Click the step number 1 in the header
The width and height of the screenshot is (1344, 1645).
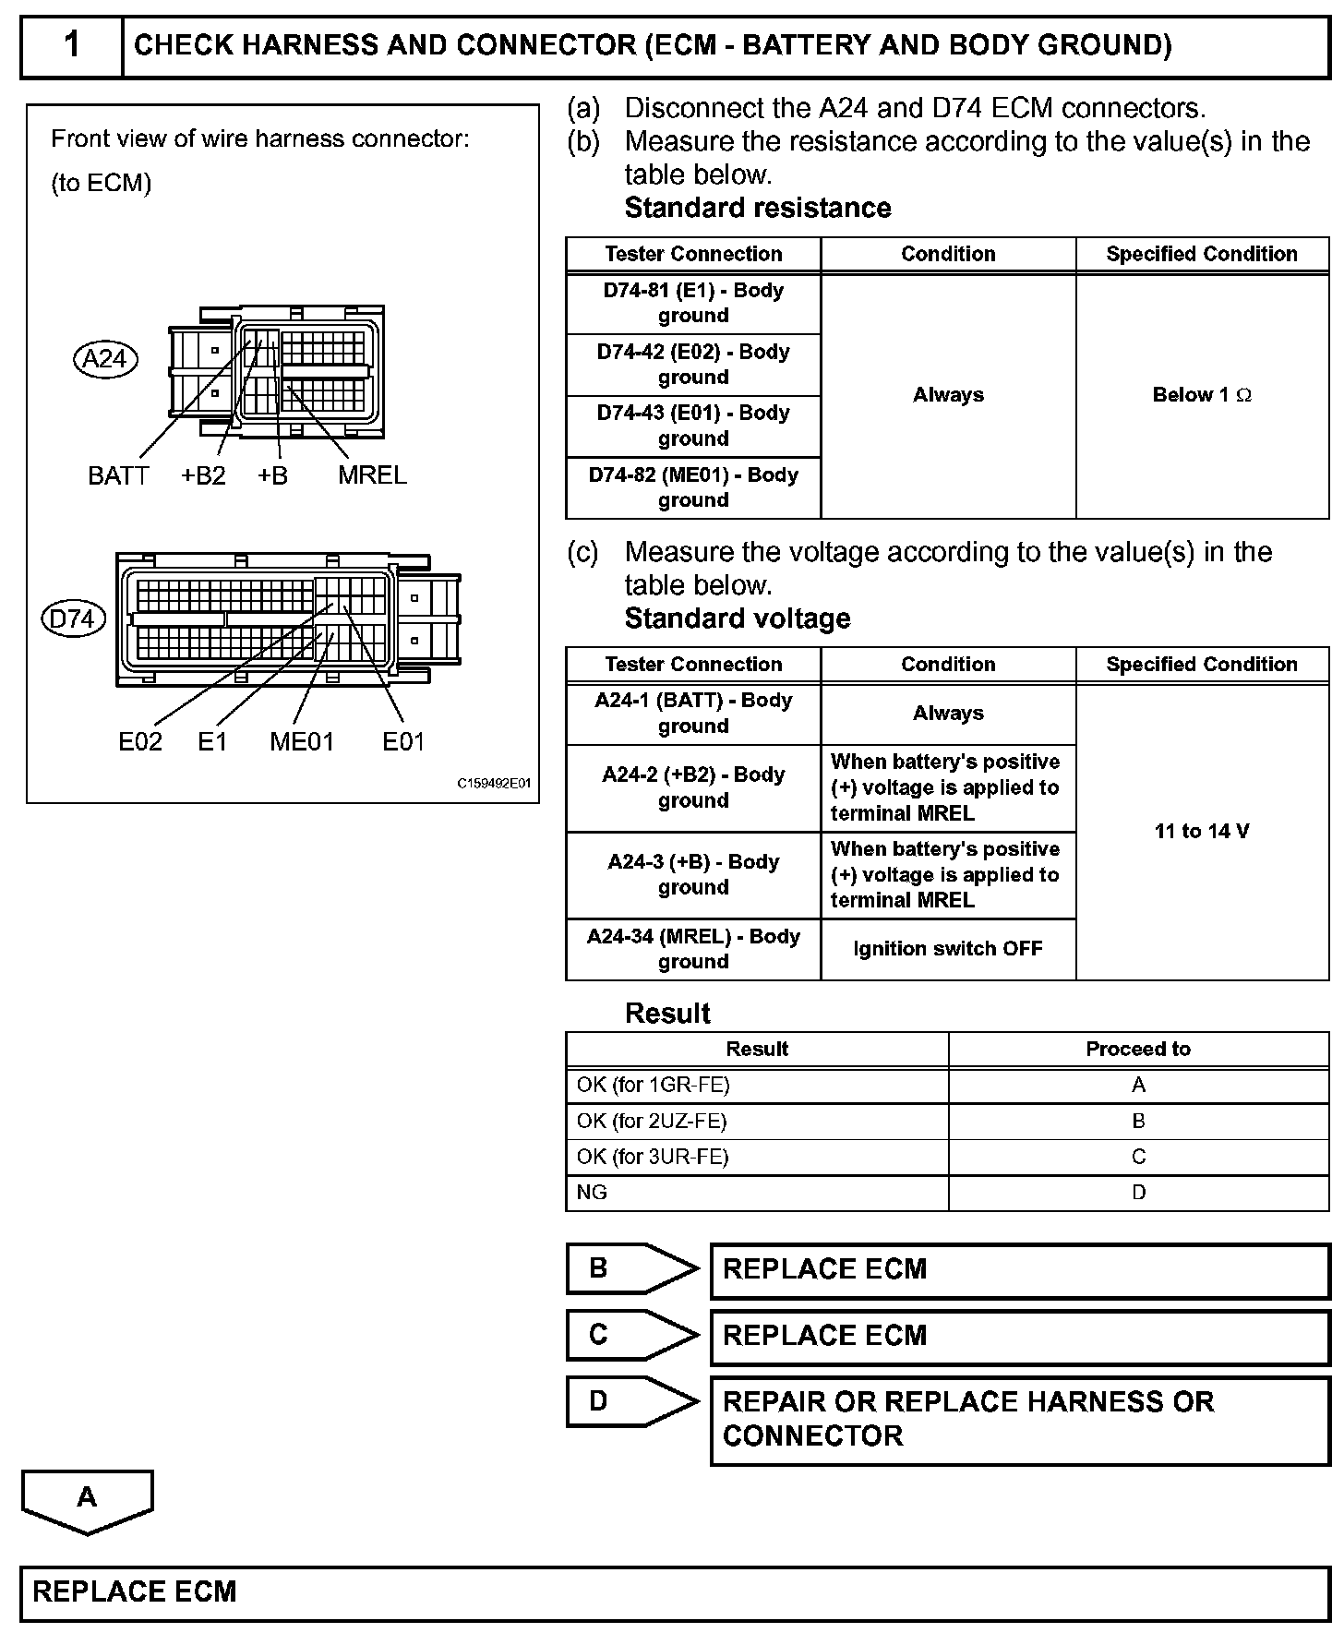(72, 45)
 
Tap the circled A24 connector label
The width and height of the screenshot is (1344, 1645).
(105, 358)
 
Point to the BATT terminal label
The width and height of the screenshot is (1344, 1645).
(118, 475)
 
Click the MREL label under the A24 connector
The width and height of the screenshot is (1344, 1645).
(372, 475)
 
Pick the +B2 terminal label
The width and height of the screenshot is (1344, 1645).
(203, 475)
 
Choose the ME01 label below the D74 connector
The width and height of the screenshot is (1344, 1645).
(302, 741)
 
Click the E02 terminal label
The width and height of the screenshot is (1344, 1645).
(140, 741)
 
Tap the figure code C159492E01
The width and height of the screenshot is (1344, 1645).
(495, 784)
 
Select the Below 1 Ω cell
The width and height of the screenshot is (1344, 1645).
(1202, 395)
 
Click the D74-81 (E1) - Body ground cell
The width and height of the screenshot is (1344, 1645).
(693, 303)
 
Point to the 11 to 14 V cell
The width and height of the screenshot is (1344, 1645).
(1202, 831)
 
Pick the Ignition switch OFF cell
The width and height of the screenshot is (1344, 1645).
(948, 949)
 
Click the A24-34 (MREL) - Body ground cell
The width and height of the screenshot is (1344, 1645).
(693, 949)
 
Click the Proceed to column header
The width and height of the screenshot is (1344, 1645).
(1138, 1049)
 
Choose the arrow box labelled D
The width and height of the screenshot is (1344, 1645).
(631, 1401)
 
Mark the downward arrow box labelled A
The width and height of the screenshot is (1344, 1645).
(87, 1499)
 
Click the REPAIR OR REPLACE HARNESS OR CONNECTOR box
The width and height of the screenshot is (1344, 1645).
(1019, 1419)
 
